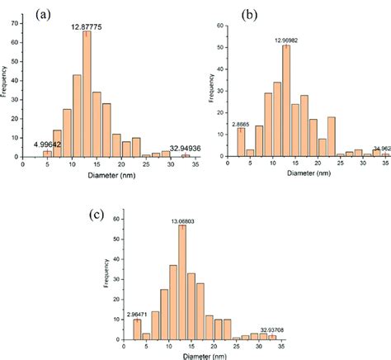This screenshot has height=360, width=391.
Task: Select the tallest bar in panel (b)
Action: (286, 100)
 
